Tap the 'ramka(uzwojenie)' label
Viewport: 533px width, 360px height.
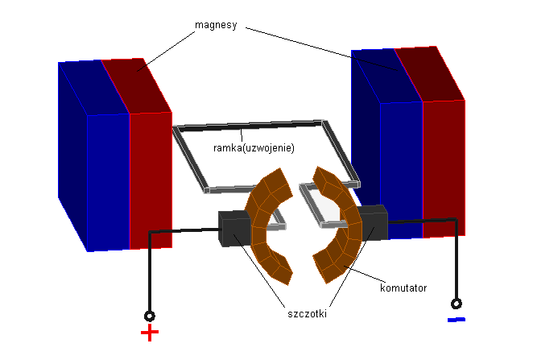coord(254,148)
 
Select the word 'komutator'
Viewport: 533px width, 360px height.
coord(403,287)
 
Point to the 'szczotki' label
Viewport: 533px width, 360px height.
coord(306,313)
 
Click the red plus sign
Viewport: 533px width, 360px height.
coord(150,333)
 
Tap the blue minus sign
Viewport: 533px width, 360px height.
coord(456,320)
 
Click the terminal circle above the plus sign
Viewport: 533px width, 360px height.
coord(150,316)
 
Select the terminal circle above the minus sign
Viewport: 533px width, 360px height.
coord(457,304)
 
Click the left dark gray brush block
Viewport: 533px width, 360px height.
coord(235,229)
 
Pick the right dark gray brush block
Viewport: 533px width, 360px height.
coord(373,223)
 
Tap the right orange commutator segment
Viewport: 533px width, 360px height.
coord(338,226)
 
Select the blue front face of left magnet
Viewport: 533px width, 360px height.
coord(108,182)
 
